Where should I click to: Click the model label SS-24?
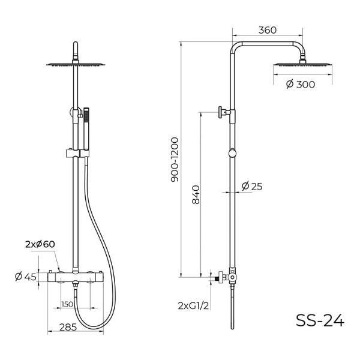point(320,321)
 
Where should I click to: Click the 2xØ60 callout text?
point(40,244)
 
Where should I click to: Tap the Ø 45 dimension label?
point(26,277)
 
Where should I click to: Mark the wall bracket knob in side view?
point(222,111)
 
